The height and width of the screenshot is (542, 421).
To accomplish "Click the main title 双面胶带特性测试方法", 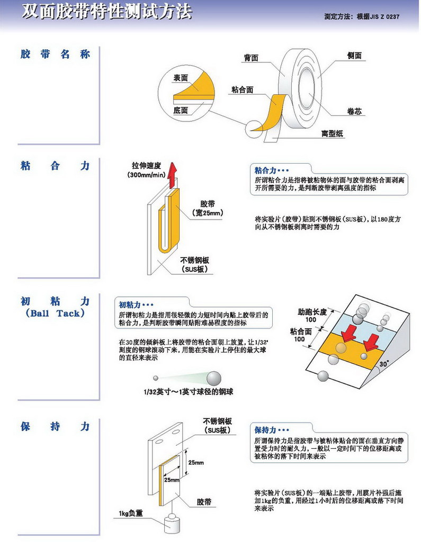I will click(106, 12).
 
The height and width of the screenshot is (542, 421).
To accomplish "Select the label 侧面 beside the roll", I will click(354, 56).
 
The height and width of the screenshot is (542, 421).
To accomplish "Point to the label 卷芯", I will click(354, 111).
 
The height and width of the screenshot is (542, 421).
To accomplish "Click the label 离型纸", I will click(333, 134).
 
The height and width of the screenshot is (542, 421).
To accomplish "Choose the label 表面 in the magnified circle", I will click(181, 78).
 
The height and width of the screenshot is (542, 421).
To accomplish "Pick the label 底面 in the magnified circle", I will click(181, 111).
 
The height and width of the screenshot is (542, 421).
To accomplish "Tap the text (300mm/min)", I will click(146, 175).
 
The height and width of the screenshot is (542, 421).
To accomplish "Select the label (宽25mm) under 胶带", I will click(207, 213).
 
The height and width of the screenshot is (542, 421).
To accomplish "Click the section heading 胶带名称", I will click(55, 55).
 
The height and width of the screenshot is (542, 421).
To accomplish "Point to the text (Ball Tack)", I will click(55, 313).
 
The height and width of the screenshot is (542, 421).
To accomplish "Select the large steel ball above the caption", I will click(213, 377).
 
